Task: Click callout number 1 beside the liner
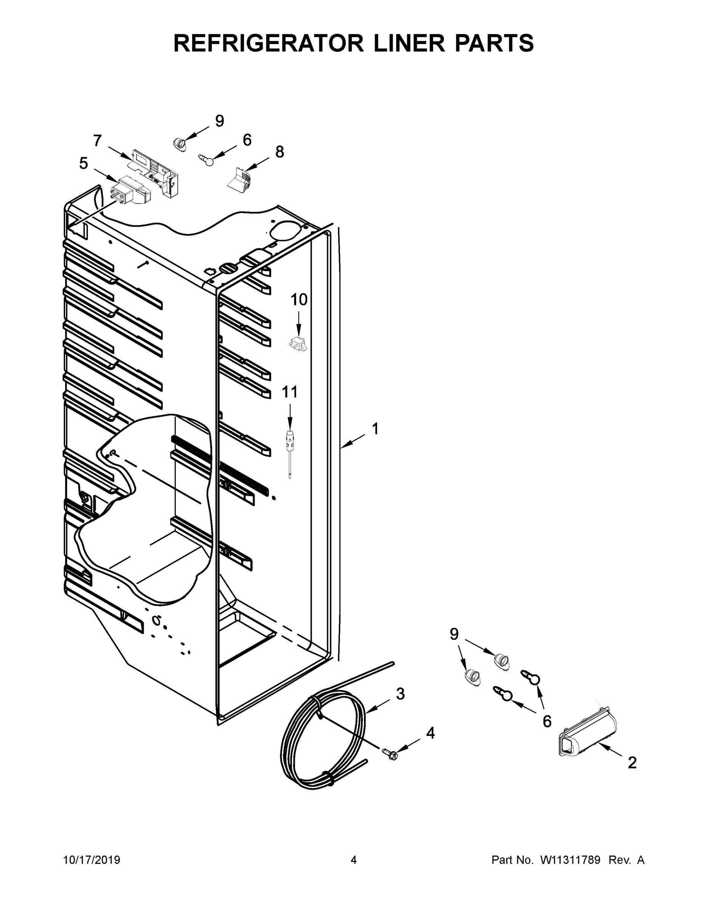pos(375,428)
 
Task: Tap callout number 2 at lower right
pos(632,763)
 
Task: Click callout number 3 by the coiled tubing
pos(400,694)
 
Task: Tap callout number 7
pos(97,141)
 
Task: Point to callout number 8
pos(279,152)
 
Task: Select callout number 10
pos(299,300)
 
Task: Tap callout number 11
pos(289,392)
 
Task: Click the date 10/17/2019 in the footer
pos(92,860)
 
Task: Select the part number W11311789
pos(570,860)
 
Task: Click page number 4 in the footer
pos(354,860)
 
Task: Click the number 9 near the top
pos(220,121)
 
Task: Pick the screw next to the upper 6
pos(207,160)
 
